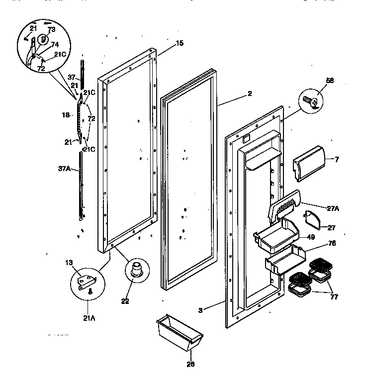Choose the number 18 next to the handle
[x=66, y=115]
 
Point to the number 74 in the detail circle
[x=55, y=44]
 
